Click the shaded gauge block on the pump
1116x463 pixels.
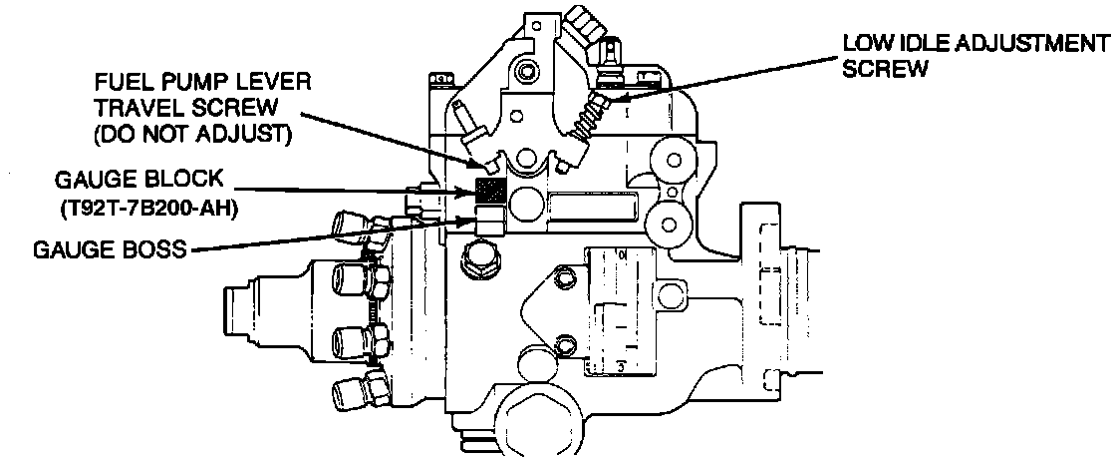(491, 190)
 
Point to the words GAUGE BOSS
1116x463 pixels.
(95, 250)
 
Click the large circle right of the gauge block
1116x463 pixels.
(526, 208)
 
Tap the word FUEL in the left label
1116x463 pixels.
(117, 81)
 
